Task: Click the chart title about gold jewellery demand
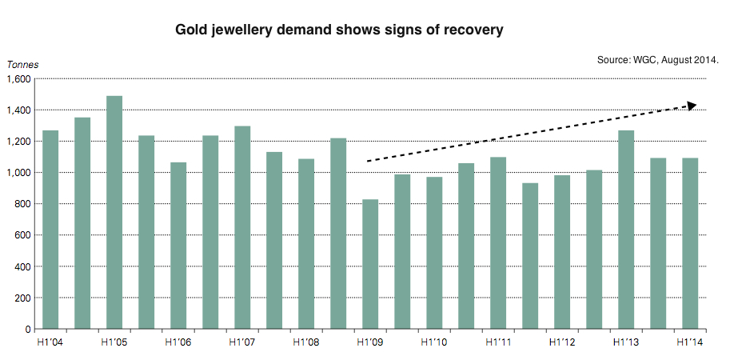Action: click(339, 30)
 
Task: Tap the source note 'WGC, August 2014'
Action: click(657, 60)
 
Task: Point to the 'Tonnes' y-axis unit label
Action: click(22, 65)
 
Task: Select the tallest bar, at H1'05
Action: click(114, 212)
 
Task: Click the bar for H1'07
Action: click(242, 227)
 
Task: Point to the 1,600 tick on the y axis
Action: click(18, 79)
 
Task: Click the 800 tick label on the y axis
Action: click(22, 204)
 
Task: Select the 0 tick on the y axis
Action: click(27, 329)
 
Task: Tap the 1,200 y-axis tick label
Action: click(18, 142)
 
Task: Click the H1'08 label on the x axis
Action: click(306, 342)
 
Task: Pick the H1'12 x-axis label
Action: click(562, 342)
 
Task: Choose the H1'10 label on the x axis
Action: click(434, 342)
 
